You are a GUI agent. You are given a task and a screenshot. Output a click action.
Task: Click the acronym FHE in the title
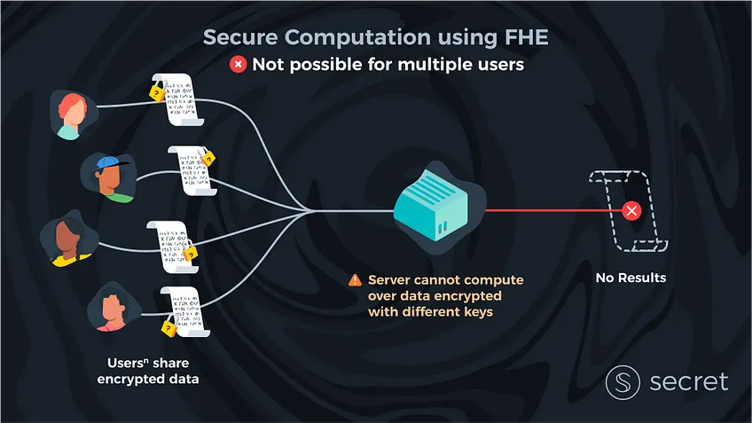coord(526,37)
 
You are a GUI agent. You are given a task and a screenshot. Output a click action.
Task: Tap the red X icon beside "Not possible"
coord(238,64)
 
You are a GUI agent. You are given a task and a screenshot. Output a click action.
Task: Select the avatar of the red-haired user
coord(73,115)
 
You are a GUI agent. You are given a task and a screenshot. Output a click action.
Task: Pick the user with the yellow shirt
coord(69,239)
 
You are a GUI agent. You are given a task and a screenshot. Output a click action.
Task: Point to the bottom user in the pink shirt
coord(114,308)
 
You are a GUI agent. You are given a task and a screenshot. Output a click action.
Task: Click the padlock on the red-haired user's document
coord(157,91)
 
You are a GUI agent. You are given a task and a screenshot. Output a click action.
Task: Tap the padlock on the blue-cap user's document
coord(208,156)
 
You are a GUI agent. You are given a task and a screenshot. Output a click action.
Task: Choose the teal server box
coord(431,204)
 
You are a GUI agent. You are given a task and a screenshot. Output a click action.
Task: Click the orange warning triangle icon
coord(355,279)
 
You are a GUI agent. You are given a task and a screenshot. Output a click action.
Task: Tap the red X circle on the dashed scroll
coord(631,210)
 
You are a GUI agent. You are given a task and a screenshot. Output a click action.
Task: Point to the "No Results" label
coord(631,278)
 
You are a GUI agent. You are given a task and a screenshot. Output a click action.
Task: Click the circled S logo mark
coord(623,382)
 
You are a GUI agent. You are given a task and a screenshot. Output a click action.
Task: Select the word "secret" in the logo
coord(689,381)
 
